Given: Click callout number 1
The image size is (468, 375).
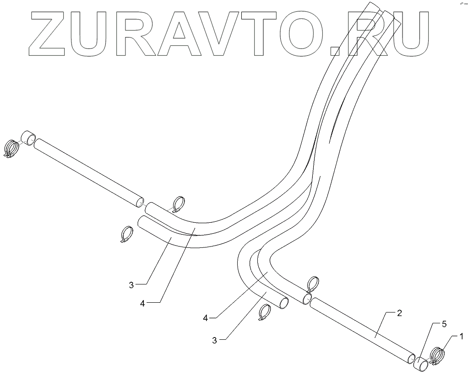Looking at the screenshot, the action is pyautogui.click(x=462, y=337).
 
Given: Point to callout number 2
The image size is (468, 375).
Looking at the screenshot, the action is pyautogui.click(x=399, y=313).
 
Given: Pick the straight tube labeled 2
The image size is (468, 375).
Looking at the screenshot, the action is pyautogui.click(x=362, y=330).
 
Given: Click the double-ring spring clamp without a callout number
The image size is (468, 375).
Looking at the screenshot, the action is pyautogui.click(x=11, y=147).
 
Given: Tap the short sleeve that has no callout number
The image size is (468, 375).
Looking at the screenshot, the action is pyautogui.click(x=29, y=137).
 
